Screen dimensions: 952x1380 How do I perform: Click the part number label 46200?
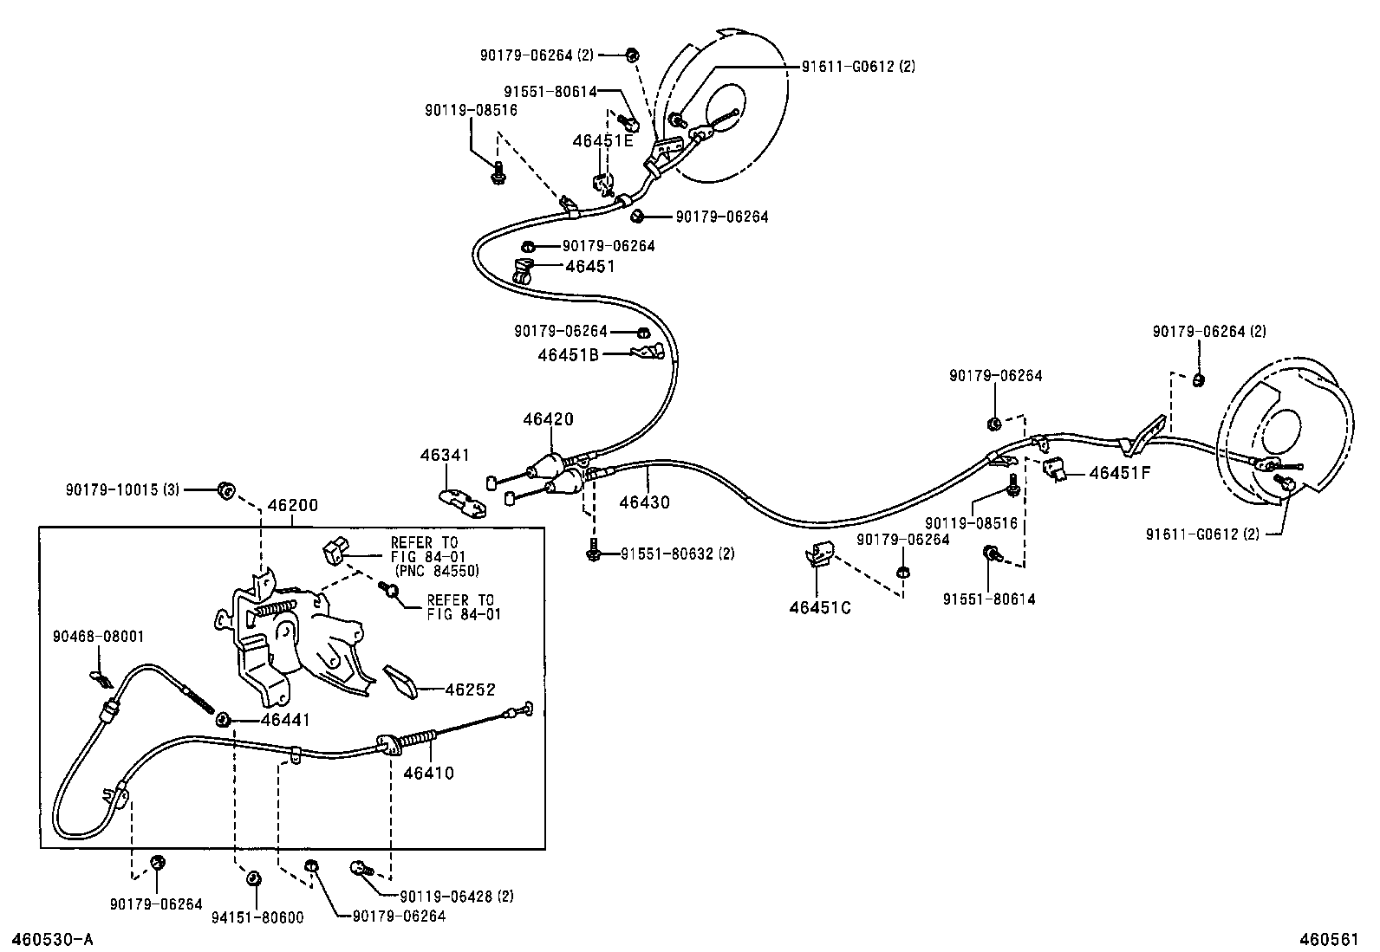coord(292,506)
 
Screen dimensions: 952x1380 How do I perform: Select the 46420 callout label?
coord(548,419)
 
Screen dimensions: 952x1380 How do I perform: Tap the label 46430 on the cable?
coord(644,502)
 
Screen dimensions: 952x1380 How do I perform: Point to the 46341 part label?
coord(445,454)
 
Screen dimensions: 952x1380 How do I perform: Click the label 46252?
coord(470,690)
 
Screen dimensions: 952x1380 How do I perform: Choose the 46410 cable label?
coord(428,773)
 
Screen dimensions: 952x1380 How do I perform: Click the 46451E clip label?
coord(602,141)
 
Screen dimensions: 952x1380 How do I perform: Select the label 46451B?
coord(569,353)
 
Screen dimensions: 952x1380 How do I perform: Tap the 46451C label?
coord(819,607)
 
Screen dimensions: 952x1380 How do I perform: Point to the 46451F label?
coord(1120,473)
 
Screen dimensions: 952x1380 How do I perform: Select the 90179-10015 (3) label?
coord(122,489)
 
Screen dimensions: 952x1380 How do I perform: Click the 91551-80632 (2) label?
coord(677,554)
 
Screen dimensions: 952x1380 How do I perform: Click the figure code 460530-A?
coord(51,939)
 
